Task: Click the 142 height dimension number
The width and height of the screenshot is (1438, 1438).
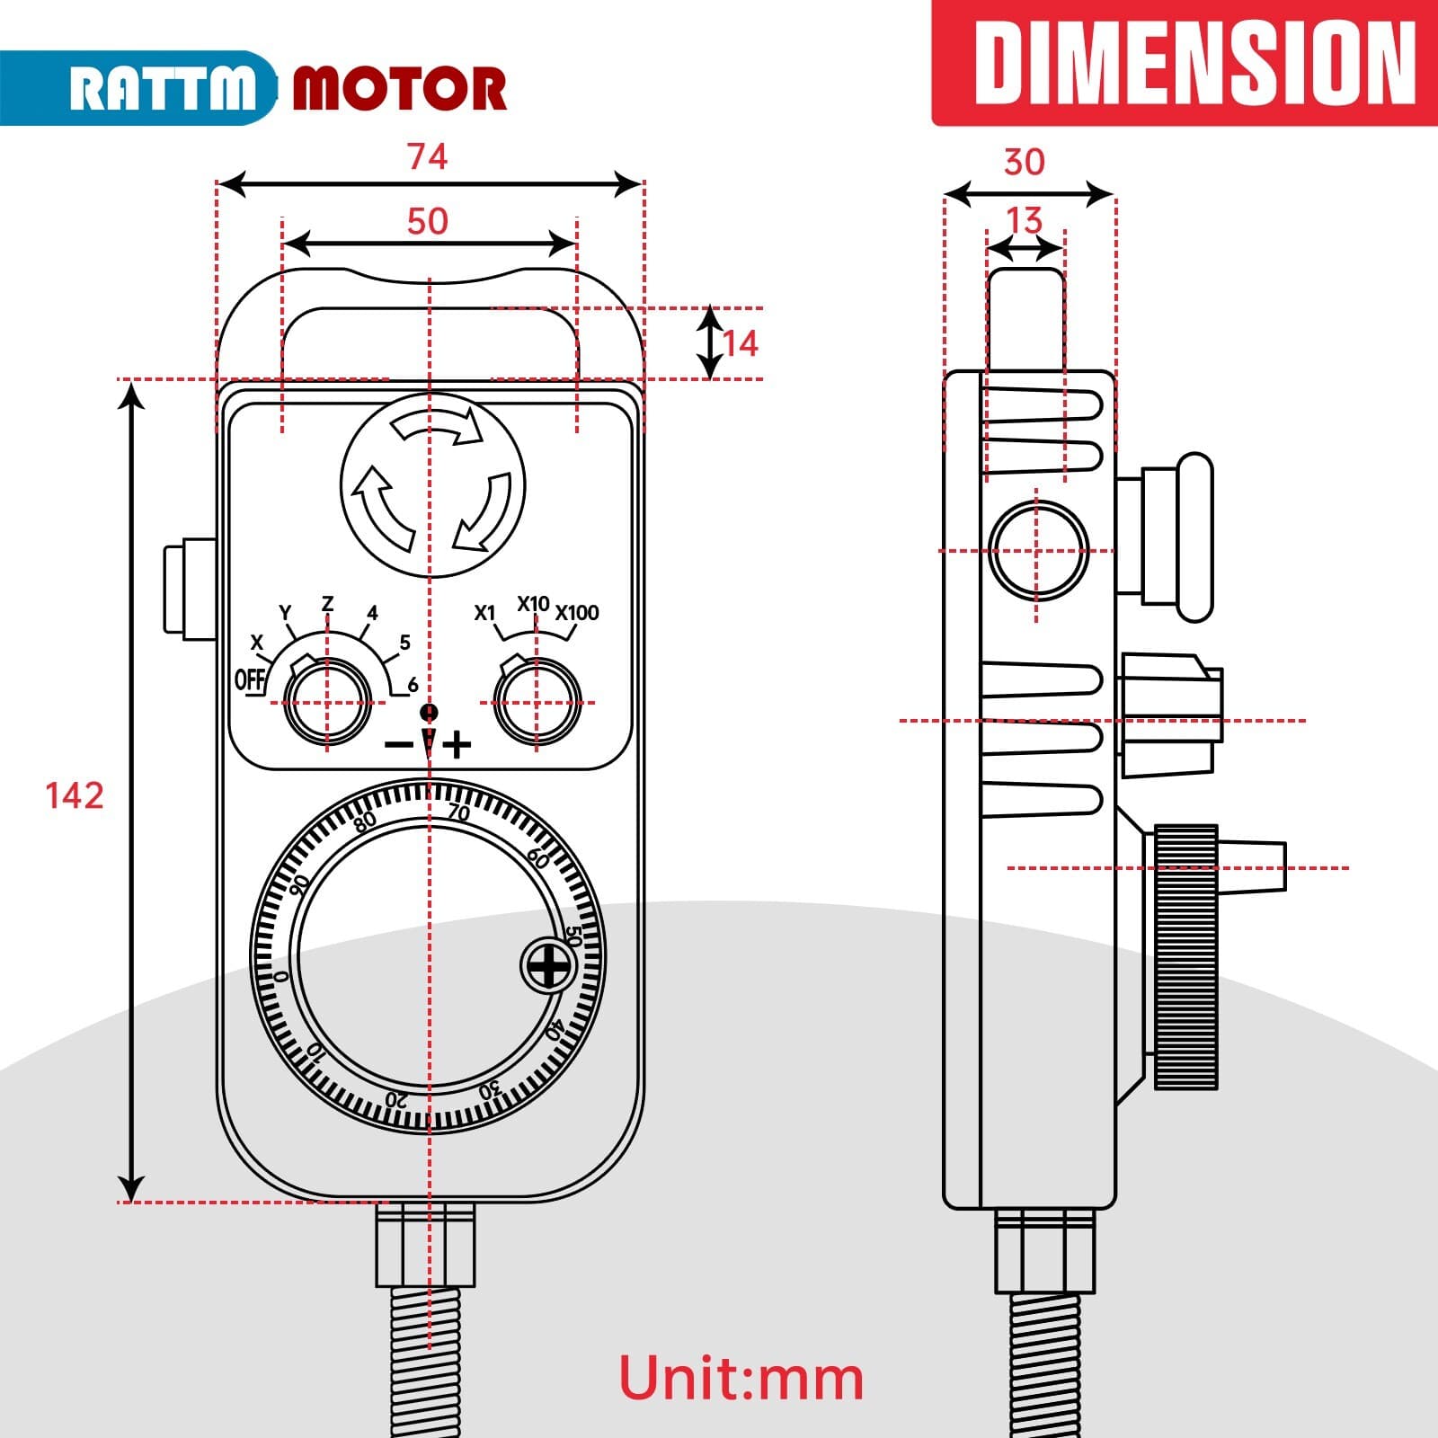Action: tap(75, 796)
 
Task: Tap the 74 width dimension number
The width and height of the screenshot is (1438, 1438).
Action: tap(427, 157)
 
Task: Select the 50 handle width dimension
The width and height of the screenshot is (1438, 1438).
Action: tap(427, 222)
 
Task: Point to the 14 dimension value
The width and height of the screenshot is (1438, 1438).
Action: tap(741, 343)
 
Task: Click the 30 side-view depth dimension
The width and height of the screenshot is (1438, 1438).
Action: tap(1024, 163)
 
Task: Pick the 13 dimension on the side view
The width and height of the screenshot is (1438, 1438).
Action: tap(1024, 221)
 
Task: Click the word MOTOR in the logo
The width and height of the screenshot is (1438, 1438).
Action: tap(400, 89)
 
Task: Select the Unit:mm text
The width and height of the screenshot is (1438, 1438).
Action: tap(741, 1378)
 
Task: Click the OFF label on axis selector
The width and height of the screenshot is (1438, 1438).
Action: tap(250, 679)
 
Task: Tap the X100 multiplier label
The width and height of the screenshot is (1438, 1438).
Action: tap(576, 613)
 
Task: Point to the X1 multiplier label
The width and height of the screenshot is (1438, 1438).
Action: tap(484, 613)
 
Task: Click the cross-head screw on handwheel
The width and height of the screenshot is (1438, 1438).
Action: tap(548, 966)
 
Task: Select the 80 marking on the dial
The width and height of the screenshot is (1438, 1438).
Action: tap(365, 822)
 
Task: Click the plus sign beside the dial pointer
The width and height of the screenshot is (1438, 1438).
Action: tap(457, 744)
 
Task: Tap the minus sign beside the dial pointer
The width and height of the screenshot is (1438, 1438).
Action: tap(398, 744)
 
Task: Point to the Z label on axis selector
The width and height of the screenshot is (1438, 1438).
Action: tap(327, 603)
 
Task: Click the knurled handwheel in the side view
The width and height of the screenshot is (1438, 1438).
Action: tap(1186, 956)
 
